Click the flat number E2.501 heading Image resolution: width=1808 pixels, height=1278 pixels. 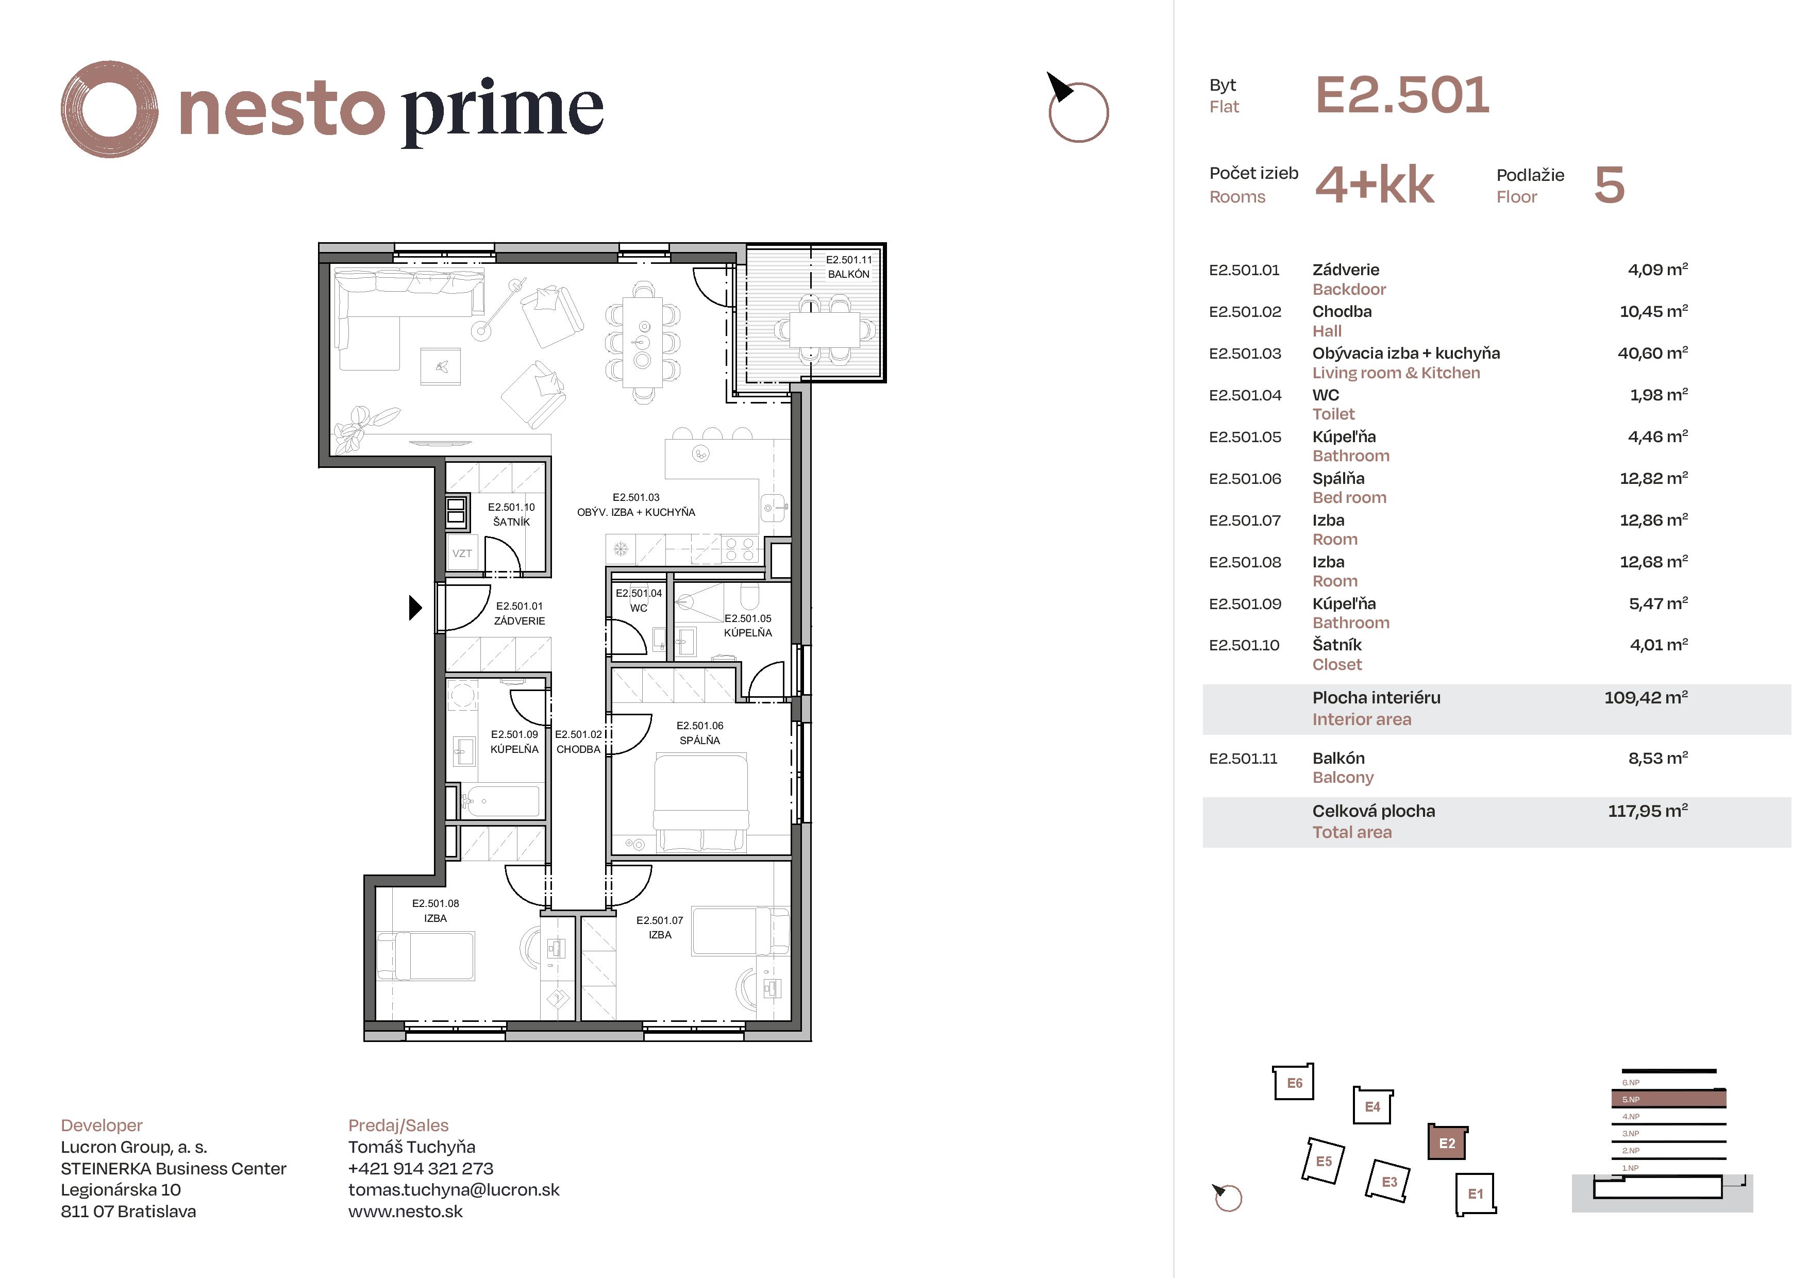(1402, 95)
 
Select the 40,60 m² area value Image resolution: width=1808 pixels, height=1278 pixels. (1653, 353)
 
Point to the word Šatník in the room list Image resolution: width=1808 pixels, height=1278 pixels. (1337, 645)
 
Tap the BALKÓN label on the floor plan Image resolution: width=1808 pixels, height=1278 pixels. (849, 274)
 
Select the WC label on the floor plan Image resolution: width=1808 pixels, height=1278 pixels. (639, 608)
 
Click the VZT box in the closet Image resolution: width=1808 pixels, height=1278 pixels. (462, 553)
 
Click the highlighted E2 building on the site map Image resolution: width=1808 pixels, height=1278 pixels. (1447, 1142)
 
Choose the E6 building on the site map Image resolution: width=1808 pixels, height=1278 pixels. (1294, 1083)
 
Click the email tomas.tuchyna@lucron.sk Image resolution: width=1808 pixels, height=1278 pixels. (454, 1190)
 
